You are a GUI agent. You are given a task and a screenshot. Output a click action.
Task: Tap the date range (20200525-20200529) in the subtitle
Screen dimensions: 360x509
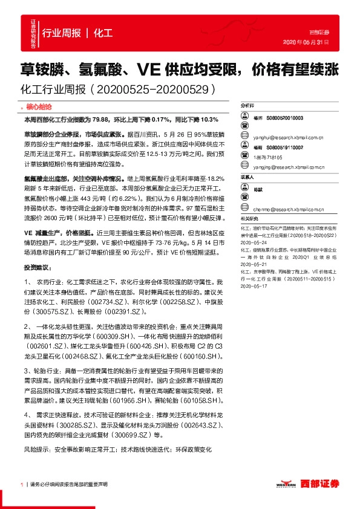pyautogui.click(x=152, y=89)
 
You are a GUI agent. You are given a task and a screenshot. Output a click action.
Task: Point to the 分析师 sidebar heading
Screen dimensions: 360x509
pyautogui.click(x=247, y=105)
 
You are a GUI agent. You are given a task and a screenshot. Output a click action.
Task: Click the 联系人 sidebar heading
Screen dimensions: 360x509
pyautogui.click(x=247, y=177)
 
